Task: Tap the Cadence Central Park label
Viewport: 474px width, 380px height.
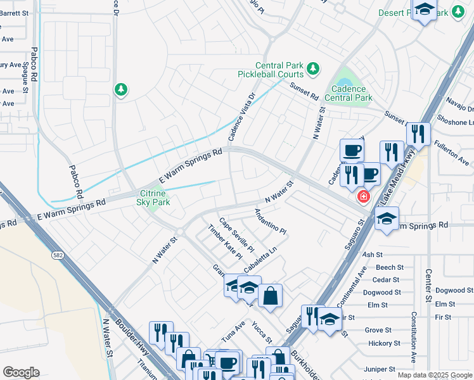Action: coord(348,94)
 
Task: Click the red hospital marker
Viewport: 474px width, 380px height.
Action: coord(364,196)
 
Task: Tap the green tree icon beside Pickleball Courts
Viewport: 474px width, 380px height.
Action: coord(312,68)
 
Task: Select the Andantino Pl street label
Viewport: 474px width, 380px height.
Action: coord(271,222)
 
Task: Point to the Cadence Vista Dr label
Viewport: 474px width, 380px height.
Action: coord(241,117)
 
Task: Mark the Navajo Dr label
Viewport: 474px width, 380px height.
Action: coord(461,109)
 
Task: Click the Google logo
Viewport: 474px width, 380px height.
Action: coord(22,372)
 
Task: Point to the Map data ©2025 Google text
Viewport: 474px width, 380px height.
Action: coord(434,375)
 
